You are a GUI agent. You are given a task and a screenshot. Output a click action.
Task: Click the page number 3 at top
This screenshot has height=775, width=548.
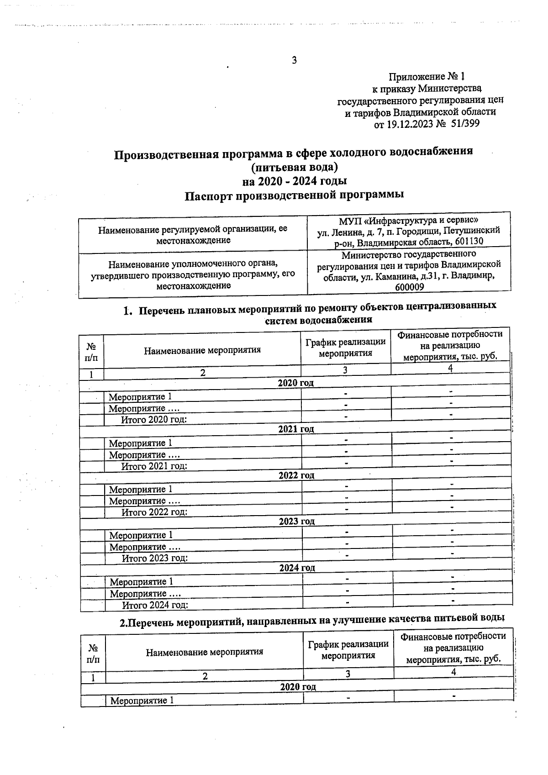pos(294,60)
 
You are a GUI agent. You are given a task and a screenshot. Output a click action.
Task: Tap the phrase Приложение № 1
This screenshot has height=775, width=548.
pos(427,76)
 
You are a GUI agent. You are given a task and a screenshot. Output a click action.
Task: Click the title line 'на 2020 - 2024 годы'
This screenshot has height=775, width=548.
pos(295,181)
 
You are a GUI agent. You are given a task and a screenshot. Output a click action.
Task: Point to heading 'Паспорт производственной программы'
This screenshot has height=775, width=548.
pos(295,195)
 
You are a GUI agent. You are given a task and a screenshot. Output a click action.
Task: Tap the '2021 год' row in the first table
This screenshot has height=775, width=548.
pos(296,429)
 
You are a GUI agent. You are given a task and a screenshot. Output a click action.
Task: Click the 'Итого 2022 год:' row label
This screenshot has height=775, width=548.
pos(154,512)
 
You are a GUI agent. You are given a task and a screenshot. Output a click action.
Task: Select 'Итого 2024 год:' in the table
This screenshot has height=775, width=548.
pos(155,606)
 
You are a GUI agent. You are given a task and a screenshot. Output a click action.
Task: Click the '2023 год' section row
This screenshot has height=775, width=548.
pos(297,522)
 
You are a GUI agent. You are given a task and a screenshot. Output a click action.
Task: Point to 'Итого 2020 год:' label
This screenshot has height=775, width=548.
pos(153,420)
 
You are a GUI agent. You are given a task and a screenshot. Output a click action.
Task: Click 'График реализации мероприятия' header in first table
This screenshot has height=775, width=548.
pos(345,348)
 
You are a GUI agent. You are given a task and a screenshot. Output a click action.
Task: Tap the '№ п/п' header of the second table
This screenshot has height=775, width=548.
pos(93,654)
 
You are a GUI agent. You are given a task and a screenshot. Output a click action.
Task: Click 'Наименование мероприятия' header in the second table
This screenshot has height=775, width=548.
pos(204,652)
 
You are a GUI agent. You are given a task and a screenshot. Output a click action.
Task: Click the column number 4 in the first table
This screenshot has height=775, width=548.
pos(450,369)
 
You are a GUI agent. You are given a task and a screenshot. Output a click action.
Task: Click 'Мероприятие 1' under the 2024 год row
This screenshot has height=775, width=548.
pos(142,582)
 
